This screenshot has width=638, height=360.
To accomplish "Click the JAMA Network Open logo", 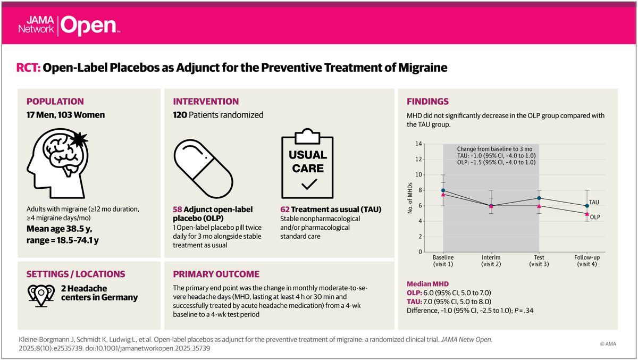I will (68, 23).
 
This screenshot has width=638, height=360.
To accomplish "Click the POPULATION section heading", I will (55, 102).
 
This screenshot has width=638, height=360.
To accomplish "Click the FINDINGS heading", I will (427, 102).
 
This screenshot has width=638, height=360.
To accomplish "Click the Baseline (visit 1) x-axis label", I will (443, 261).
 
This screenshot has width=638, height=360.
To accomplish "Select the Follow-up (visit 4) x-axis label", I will (586, 261).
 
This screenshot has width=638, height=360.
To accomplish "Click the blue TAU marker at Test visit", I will (539, 198).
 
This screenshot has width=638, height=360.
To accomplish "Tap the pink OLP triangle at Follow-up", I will (587, 214).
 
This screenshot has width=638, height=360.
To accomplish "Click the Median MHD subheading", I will (427, 284).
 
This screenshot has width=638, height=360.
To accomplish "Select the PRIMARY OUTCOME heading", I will (216, 274).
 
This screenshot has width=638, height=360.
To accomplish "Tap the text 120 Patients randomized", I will (218, 115).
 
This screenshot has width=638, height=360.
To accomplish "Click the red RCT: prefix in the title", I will (29, 68).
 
